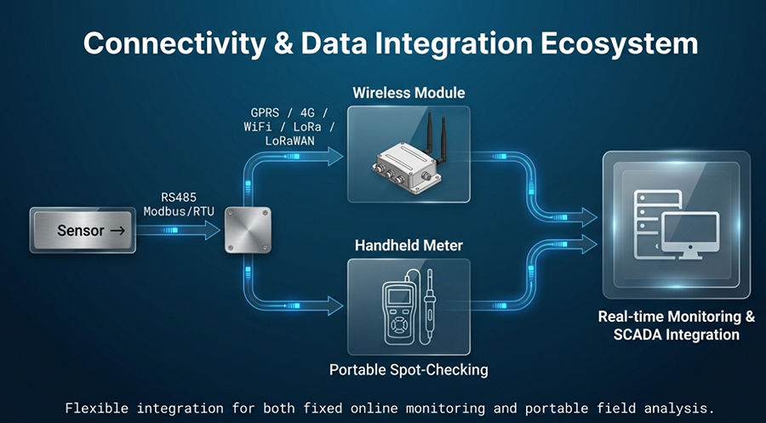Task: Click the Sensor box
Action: [83, 230]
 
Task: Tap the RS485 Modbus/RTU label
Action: [179, 204]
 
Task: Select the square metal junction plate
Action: [248, 230]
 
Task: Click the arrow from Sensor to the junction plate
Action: [179, 230]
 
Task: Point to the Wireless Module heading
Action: [409, 93]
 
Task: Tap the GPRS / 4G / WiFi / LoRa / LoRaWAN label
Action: [289, 127]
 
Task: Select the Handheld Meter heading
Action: [409, 245]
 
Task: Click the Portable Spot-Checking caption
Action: [409, 369]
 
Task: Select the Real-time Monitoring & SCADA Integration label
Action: [677, 325]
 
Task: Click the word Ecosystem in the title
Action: [619, 43]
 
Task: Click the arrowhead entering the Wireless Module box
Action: [335, 157]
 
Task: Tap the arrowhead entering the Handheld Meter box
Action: [335, 306]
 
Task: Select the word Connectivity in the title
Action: [174, 44]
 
